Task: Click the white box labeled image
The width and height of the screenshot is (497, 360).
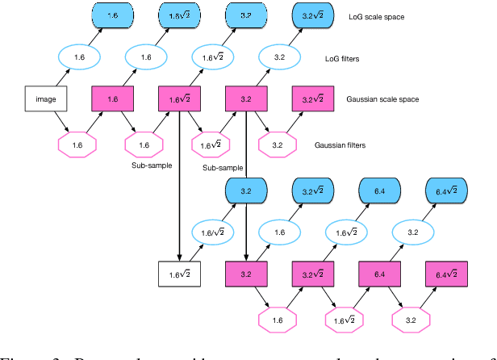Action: pyautogui.click(x=47, y=98)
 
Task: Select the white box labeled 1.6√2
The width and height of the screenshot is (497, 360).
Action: pyautogui.click(x=179, y=274)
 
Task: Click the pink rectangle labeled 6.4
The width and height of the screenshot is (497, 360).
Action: pyautogui.click(x=379, y=274)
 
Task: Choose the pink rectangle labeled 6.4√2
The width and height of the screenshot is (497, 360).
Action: pyautogui.click(x=447, y=274)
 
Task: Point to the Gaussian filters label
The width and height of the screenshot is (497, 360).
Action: pyautogui.click(x=340, y=145)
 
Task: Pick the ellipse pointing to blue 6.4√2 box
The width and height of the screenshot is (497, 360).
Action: pyautogui.click(x=412, y=232)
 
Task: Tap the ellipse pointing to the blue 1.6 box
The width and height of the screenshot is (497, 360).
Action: pyautogui.click(x=78, y=57)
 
